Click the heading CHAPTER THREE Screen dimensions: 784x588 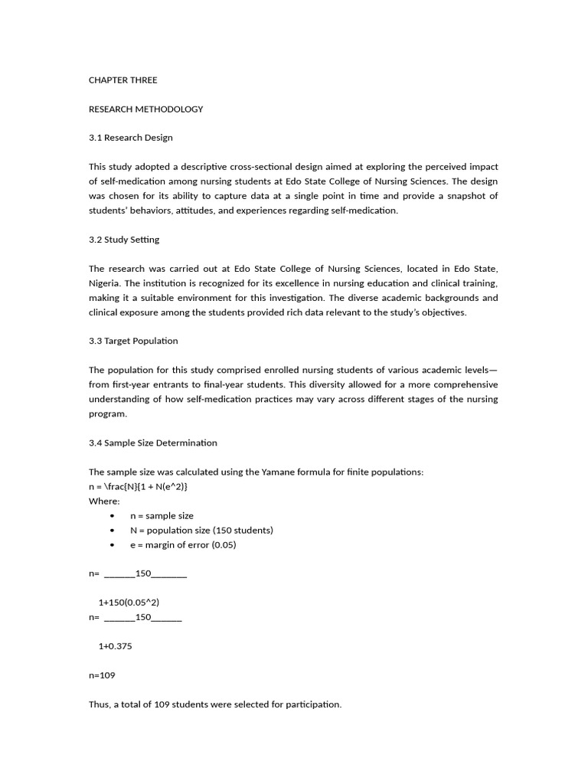[122, 80]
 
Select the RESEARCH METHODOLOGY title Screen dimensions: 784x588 [145, 109]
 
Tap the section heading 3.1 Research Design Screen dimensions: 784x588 [130, 138]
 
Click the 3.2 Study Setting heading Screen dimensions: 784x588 [124, 240]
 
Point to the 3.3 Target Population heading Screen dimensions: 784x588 [133, 341]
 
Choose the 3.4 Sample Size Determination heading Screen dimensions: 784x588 [152, 443]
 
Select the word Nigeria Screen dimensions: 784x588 [105, 283]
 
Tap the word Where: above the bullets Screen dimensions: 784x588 [104, 501]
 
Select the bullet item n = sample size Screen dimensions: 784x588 [162, 515]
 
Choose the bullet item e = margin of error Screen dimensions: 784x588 [183, 544]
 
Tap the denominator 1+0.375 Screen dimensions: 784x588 [115, 646]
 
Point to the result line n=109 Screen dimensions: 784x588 [102, 675]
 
